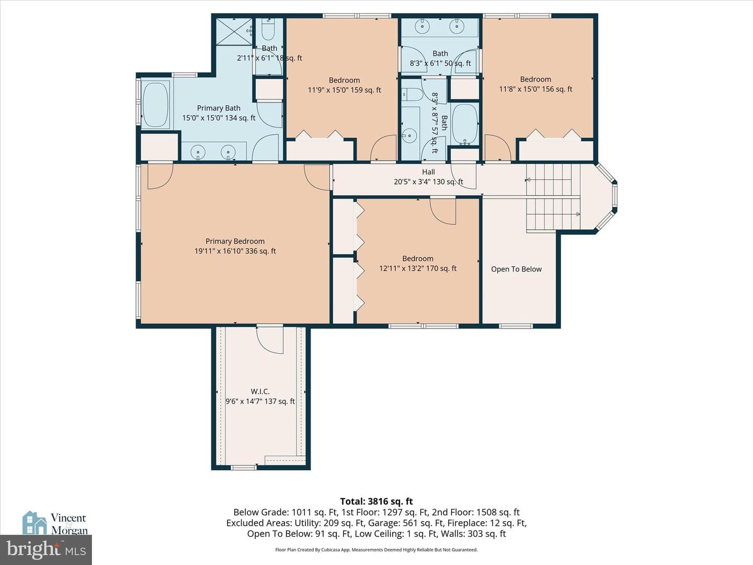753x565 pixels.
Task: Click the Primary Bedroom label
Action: coord(235,241)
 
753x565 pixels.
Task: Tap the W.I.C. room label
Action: coord(260,391)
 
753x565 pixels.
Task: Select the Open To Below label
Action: coord(516,269)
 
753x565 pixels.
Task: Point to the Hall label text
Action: coord(428,172)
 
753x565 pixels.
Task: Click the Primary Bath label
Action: coord(219,108)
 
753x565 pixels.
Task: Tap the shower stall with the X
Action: coord(234,31)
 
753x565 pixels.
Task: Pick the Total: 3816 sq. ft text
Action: coord(376,501)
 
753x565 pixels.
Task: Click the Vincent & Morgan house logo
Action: coord(35,523)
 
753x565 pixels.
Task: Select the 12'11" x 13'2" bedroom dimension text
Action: coord(418,268)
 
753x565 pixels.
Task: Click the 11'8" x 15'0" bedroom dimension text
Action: coord(535,89)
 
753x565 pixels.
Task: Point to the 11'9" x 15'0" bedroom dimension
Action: coord(345,90)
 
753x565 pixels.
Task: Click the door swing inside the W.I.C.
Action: coord(270,340)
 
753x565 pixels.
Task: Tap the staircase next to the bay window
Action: coord(553,197)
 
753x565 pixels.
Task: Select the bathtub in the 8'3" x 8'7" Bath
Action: coord(465,124)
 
